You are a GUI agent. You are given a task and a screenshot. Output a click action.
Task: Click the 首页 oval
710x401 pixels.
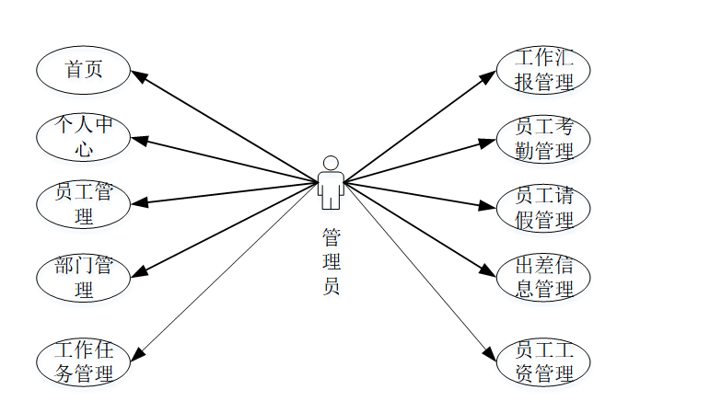(x=83, y=70)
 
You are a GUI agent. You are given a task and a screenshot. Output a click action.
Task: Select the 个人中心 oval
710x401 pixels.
(x=83, y=137)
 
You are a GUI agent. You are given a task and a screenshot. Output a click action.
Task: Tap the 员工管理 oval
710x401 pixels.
(x=83, y=204)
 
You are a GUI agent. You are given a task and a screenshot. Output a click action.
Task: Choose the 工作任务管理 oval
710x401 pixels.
(x=83, y=362)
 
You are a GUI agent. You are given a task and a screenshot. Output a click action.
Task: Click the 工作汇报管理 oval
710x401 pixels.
(x=543, y=70)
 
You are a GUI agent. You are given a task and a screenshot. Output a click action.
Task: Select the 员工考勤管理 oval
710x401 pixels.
(x=543, y=139)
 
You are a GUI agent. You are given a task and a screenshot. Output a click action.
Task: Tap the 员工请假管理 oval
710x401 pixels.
(x=543, y=208)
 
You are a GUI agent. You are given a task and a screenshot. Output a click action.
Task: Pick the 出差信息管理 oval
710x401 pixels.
(x=543, y=278)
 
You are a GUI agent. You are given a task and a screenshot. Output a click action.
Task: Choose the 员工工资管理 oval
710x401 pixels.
(x=543, y=362)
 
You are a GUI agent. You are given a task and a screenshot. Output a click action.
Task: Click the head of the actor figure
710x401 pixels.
(x=331, y=163)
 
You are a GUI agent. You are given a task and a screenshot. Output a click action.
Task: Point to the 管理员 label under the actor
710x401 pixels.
(x=331, y=261)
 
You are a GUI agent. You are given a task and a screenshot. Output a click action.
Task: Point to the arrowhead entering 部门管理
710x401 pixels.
(x=137, y=272)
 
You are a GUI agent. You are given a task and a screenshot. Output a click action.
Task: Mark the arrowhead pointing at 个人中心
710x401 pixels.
(x=137, y=141)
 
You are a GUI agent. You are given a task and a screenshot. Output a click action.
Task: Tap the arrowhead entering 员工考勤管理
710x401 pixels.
(x=489, y=142)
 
